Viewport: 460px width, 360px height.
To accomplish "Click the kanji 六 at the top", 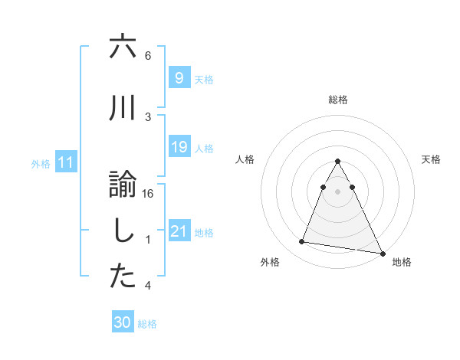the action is (x=123, y=47).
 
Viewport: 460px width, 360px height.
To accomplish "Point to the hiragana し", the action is (x=123, y=232).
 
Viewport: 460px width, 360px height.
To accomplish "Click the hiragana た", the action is (x=123, y=277).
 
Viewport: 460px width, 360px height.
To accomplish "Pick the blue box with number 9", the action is (x=178, y=78).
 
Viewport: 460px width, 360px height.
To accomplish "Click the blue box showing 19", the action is (x=178, y=148).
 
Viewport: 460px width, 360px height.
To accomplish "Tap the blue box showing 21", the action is (x=178, y=231).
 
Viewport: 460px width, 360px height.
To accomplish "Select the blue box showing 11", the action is (x=66, y=162).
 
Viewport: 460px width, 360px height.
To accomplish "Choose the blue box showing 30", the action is (x=122, y=322).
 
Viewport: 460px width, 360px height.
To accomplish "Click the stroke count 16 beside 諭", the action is (x=149, y=194).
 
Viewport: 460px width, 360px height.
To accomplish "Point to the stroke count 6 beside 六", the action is (x=148, y=56).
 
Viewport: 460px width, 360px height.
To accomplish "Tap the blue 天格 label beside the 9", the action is (x=204, y=80).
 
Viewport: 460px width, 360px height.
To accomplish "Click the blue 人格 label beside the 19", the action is (x=204, y=149).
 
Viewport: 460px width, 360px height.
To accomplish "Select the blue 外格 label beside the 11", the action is (x=41, y=164).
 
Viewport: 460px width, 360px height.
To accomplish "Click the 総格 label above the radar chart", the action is (x=337, y=100).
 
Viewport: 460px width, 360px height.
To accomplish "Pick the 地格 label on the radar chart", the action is (x=401, y=262).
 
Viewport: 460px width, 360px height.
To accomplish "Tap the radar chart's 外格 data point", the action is (x=301, y=242).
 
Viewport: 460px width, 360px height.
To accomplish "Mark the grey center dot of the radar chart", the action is (x=337, y=191).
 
